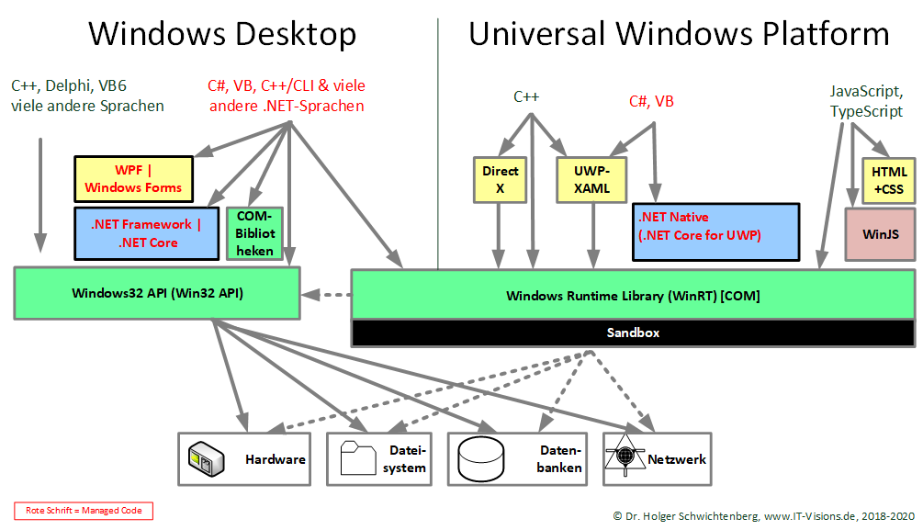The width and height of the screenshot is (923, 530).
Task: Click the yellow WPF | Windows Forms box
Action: click(x=133, y=178)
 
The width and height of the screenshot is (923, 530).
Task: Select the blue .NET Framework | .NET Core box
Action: click(x=133, y=233)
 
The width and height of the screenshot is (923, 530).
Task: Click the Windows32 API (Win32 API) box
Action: click(x=157, y=293)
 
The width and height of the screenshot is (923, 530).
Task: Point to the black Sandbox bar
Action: click(x=633, y=333)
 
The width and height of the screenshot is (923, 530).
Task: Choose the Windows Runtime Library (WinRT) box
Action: click(x=633, y=296)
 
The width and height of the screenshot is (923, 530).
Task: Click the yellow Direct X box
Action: click(x=500, y=178)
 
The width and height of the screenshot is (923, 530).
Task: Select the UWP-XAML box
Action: click(x=591, y=178)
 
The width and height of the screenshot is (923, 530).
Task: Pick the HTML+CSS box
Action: click(x=888, y=179)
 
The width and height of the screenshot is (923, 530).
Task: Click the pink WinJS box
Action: click(x=880, y=234)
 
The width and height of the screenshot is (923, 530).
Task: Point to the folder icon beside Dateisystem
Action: click(x=357, y=458)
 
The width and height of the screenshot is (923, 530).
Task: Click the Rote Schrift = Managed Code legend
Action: click(x=84, y=511)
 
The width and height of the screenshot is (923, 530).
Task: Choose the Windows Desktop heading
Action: click(x=222, y=34)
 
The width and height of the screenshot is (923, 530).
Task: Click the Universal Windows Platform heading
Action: click(x=679, y=34)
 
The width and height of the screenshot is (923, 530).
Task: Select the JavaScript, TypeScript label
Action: click(x=866, y=101)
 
